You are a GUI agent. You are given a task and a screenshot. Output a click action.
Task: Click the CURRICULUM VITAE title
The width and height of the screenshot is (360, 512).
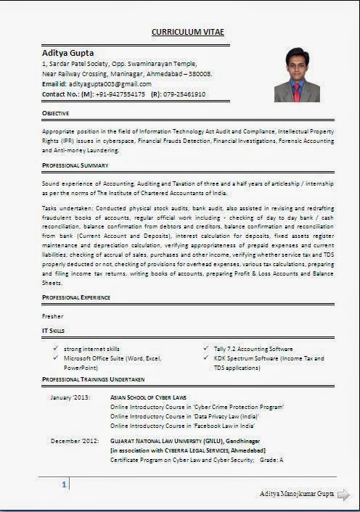point(187,33)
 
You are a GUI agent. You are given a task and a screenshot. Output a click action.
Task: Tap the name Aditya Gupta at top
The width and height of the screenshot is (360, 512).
point(68,53)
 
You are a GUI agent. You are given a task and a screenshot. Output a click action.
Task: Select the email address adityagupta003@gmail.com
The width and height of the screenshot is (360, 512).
point(107,84)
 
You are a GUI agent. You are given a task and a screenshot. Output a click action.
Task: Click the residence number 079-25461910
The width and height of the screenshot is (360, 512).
point(184,94)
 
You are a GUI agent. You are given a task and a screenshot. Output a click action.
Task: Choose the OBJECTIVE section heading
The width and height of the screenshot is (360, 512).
point(56,114)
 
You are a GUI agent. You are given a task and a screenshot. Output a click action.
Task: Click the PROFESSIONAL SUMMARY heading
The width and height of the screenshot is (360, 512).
point(75,166)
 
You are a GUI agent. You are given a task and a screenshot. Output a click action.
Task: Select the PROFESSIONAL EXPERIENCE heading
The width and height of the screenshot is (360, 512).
point(77,297)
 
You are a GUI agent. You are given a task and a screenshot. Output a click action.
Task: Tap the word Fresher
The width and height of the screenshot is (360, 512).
point(53,316)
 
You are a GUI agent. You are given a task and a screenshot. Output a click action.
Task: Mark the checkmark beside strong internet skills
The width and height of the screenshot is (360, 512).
point(55,349)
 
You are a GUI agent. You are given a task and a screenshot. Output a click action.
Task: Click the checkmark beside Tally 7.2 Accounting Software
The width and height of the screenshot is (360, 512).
point(207,349)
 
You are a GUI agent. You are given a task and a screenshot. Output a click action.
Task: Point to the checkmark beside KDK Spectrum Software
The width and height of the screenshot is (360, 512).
point(207,358)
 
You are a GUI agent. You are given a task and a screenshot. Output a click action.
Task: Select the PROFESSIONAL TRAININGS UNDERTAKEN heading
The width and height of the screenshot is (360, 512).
point(94,379)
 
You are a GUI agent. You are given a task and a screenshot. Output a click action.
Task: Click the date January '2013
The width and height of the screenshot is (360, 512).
point(70,398)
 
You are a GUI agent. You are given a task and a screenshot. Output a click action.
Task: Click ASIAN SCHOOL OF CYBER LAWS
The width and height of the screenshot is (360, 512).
point(148,398)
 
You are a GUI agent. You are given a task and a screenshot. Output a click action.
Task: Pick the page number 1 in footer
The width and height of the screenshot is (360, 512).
point(65,484)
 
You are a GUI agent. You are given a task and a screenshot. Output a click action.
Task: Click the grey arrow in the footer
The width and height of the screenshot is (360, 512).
point(343,495)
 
